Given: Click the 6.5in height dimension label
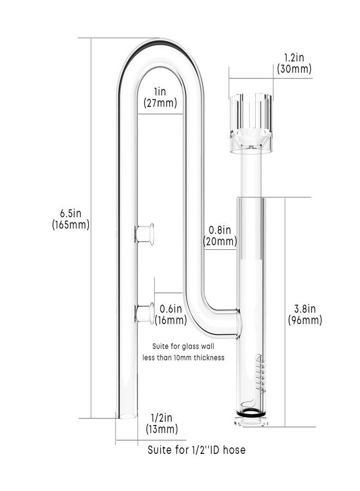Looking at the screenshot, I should click(71, 212).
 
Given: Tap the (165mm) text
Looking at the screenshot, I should click(71, 224).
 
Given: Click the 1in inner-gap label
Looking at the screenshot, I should click(160, 91).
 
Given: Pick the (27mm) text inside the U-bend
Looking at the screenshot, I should click(160, 102).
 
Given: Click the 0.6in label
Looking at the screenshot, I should click(171, 308).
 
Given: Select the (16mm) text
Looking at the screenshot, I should click(171, 320).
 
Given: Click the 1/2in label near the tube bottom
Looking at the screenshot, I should click(161, 417).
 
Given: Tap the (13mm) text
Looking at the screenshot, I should click(161, 429).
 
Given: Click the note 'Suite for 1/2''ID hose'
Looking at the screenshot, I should click(196, 450).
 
